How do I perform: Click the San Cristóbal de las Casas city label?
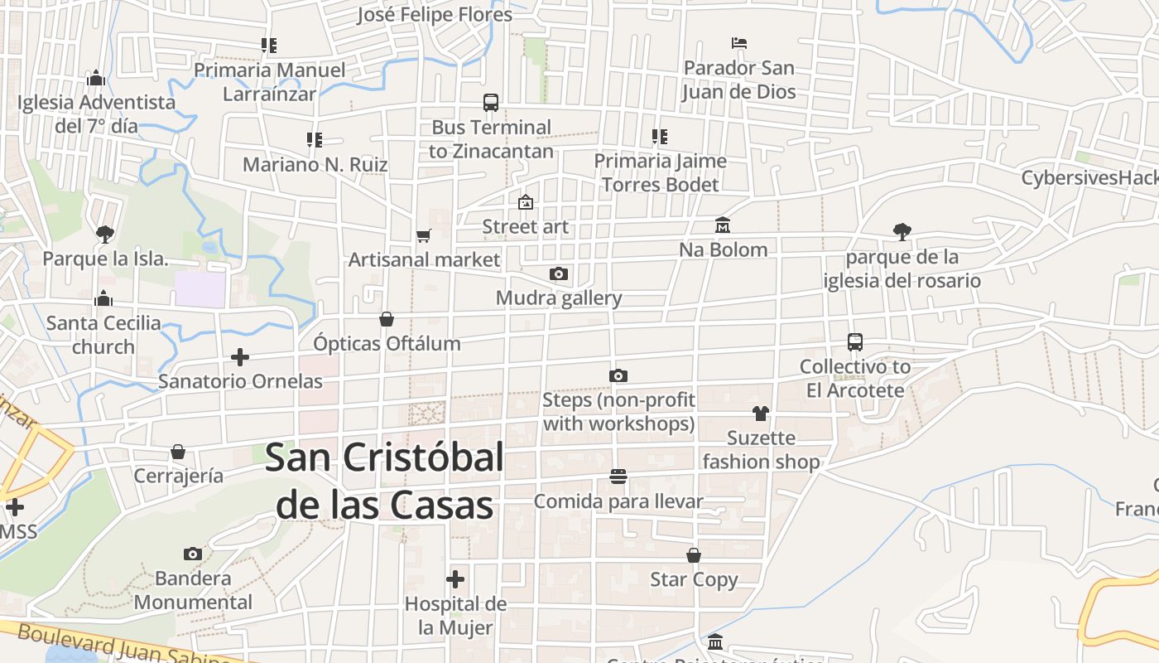(x=385, y=481)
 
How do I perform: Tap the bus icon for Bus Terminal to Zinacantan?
(x=491, y=103)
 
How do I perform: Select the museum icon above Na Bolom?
(x=723, y=225)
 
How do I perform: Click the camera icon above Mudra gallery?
(x=559, y=273)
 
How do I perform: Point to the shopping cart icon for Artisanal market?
(x=424, y=235)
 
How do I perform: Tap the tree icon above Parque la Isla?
(x=104, y=235)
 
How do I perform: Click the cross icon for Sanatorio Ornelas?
(x=240, y=357)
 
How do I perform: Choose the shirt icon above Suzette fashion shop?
(x=761, y=413)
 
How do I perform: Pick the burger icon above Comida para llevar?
(x=618, y=477)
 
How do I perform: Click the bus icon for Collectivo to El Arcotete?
(x=855, y=341)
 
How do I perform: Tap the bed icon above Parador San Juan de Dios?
(x=739, y=43)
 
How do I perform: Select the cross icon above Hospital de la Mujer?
(x=454, y=579)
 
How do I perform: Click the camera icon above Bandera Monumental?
(x=193, y=554)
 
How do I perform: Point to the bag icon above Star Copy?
(x=694, y=555)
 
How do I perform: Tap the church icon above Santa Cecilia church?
(x=103, y=298)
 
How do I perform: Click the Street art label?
(x=526, y=226)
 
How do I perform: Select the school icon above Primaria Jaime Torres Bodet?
(x=660, y=137)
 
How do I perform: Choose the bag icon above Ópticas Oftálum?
(x=386, y=319)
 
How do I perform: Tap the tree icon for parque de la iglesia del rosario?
(x=902, y=232)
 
